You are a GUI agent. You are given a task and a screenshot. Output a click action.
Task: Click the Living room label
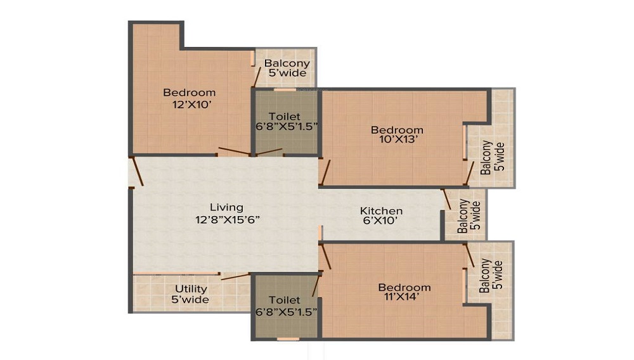click(226, 208)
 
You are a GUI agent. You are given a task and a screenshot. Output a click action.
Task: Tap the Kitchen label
click(381, 211)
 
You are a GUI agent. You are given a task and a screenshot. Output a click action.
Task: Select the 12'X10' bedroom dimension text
click(192, 105)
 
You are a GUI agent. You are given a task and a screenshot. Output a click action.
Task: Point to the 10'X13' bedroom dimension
click(398, 140)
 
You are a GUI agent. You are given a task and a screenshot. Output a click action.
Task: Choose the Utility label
click(191, 289)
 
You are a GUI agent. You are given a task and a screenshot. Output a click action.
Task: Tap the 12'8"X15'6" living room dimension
click(227, 220)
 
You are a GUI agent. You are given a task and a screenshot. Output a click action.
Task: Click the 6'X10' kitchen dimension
click(381, 221)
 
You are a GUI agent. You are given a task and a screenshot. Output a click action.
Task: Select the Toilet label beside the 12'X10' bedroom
click(285, 117)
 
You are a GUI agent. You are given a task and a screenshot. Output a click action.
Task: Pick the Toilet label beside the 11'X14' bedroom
click(285, 300)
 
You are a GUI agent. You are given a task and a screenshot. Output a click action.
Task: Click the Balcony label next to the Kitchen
click(463, 215)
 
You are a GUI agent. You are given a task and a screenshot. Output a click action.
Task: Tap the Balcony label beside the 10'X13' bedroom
click(486, 157)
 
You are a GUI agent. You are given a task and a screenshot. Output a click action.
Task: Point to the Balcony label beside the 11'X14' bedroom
click(485, 276)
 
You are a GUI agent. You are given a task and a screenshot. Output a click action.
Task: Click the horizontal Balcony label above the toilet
click(287, 63)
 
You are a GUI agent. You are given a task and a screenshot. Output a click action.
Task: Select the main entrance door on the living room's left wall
click(138, 171)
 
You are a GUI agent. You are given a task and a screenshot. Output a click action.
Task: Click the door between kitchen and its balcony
click(446, 199)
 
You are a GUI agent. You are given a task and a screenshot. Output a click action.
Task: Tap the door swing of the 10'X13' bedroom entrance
click(325, 172)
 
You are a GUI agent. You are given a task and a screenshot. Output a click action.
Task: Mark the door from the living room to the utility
click(235, 276)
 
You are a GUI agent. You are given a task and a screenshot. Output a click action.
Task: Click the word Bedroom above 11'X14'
click(404, 288)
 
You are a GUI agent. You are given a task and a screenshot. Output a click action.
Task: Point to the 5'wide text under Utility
click(190, 300)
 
